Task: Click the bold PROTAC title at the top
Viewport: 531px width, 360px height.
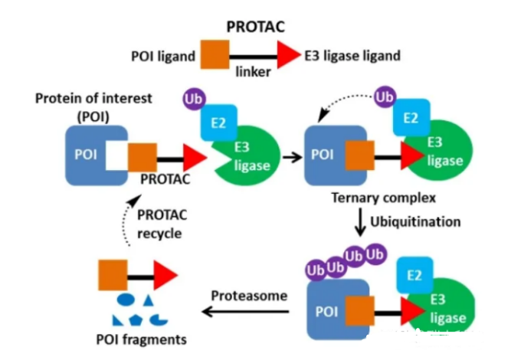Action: click(256, 26)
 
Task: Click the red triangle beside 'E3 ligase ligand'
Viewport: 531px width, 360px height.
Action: click(289, 54)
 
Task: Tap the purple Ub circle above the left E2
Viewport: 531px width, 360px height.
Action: click(193, 99)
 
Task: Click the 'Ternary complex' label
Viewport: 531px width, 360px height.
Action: click(383, 198)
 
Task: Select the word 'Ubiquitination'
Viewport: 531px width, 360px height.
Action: click(416, 222)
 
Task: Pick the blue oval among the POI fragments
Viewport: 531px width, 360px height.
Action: click(127, 296)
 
